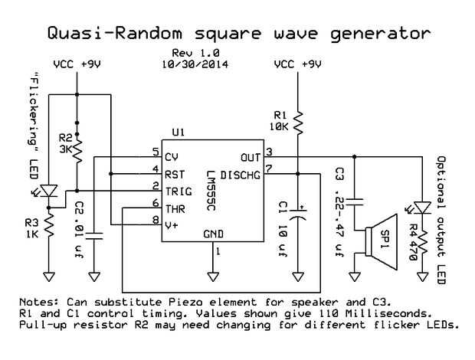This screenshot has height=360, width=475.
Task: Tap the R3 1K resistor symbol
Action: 49,226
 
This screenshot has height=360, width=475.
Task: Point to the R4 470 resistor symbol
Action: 421,237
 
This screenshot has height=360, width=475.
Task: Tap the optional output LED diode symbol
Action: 421,207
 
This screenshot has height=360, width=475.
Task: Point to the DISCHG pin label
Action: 240,175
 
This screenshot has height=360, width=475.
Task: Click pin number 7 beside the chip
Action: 269,168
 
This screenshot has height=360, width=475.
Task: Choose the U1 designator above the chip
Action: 179,133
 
